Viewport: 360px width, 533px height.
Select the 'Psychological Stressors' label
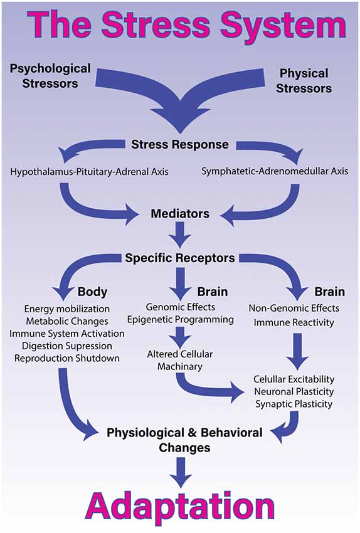coord(51,76)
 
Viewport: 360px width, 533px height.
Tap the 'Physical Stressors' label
coord(304,81)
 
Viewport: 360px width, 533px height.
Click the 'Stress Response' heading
coord(180,145)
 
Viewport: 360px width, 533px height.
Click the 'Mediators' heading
coord(180,214)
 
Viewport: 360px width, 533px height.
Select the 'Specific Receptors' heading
coord(180,258)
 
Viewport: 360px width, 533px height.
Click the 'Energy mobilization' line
coord(67,309)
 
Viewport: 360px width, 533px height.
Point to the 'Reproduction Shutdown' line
coord(67,357)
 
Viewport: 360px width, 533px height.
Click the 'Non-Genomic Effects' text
coord(294,308)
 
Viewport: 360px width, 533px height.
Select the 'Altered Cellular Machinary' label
coord(180,360)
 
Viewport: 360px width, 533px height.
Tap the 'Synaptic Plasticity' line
coord(294,404)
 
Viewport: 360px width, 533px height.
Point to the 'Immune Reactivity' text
coord(294,322)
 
